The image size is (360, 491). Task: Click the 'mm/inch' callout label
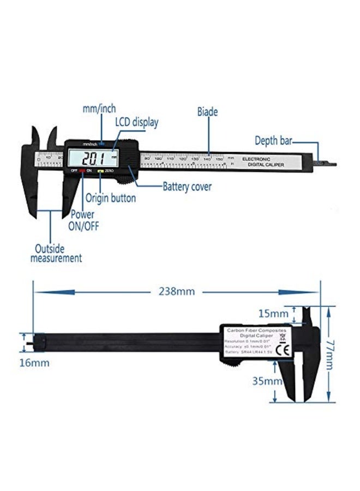click(99, 109)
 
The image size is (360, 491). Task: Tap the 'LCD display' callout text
click(136, 122)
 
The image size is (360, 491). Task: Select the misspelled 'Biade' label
click(207, 112)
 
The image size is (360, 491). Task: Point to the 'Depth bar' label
click(273, 141)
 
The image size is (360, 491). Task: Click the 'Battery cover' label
click(187, 187)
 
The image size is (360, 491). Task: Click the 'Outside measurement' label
click(56, 253)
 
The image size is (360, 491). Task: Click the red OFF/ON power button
click(82, 171)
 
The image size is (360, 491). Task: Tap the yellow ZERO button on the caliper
click(100, 171)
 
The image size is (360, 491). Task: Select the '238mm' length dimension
click(176, 291)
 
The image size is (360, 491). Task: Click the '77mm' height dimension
click(329, 353)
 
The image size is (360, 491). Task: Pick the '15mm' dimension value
click(273, 314)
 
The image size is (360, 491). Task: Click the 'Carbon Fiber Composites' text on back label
click(255, 330)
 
